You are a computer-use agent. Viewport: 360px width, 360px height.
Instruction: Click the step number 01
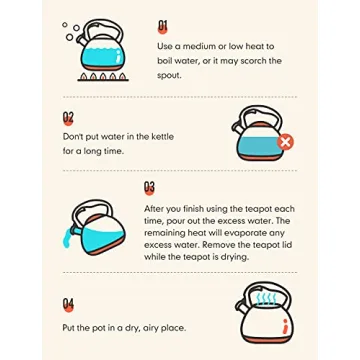(x=163, y=27)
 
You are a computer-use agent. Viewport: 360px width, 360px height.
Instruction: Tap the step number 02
(x=68, y=118)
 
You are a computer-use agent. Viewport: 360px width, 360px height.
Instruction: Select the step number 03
(x=149, y=188)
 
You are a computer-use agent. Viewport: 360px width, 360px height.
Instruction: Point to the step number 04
(x=68, y=305)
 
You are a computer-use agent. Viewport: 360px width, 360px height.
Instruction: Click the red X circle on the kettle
(x=285, y=142)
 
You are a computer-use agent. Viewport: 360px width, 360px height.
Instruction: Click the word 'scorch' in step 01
(x=252, y=61)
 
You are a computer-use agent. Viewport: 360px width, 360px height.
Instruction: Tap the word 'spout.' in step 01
(x=169, y=76)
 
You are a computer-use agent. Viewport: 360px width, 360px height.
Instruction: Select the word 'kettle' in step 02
(x=162, y=136)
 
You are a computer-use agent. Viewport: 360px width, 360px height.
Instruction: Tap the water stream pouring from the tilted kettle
(x=67, y=238)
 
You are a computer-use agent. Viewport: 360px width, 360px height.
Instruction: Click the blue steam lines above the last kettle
(x=267, y=299)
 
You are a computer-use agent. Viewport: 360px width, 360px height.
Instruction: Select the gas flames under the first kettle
(x=103, y=77)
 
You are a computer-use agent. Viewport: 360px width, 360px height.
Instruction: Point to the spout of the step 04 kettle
(x=241, y=305)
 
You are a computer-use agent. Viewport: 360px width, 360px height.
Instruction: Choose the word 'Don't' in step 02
(x=73, y=136)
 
